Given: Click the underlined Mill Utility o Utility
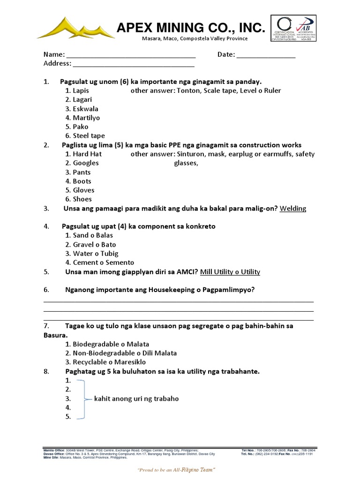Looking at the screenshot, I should tap(230, 272).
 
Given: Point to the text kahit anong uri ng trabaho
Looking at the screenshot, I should tap(136, 399).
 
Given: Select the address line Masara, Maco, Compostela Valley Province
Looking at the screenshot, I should tap(195, 38).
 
